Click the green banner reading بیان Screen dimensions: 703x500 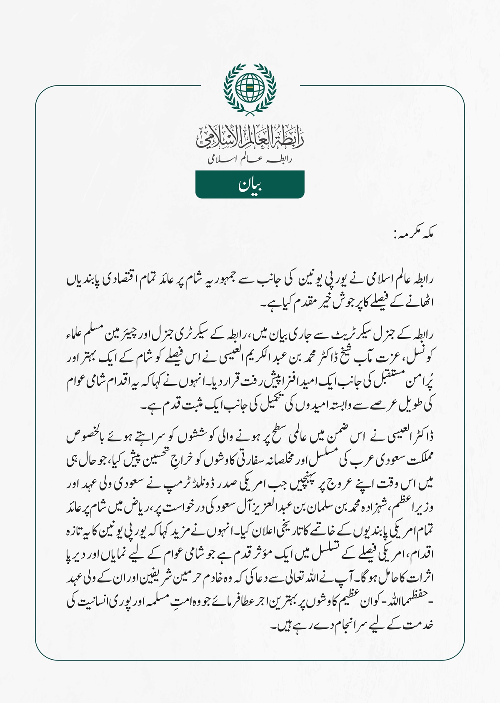[x=250, y=185]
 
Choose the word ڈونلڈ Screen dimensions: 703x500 [x=217, y=484]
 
